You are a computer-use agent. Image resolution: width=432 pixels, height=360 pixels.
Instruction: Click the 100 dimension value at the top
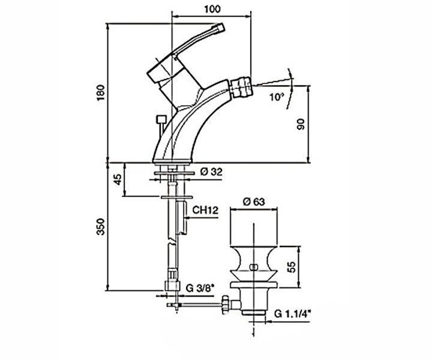(x=212, y=9)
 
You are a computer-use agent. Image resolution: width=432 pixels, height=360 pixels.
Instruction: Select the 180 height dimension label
(x=101, y=92)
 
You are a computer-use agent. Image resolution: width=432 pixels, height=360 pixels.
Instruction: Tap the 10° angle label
(x=277, y=97)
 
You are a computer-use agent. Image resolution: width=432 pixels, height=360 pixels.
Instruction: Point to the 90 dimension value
(x=301, y=124)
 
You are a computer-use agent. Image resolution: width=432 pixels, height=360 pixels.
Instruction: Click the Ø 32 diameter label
(x=211, y=172)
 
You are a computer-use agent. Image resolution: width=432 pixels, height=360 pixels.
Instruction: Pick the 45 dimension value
(x=118, y=179)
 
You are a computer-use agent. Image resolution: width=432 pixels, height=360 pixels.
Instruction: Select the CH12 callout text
(x=205, y=210)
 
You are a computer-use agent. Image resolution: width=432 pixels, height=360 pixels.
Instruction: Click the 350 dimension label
(x=101, y=227)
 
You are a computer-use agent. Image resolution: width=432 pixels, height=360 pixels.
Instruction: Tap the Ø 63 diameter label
(x=254, y=202)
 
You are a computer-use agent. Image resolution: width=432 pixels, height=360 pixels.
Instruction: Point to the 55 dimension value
(x=291, y=266)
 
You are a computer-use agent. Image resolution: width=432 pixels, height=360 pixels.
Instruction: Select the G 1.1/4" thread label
(x=293, y=313)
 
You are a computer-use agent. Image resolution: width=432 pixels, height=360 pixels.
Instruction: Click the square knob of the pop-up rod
(x=161, y=119)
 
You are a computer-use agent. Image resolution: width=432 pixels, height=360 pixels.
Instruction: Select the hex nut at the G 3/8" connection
(x=172, y=286)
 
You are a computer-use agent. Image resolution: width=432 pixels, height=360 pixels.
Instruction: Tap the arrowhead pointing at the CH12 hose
(x=188, y=218)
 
